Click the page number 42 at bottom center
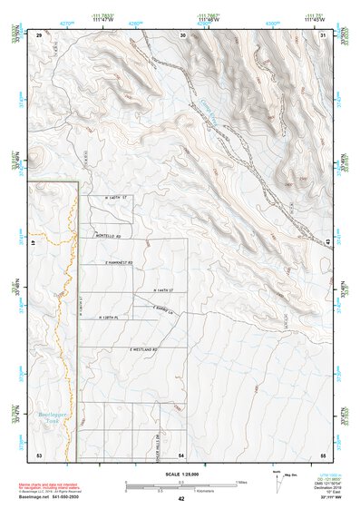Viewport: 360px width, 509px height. (x=181, y=499)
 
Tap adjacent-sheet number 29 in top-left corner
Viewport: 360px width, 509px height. (x=39, y=34)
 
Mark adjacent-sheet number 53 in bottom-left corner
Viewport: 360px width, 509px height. (x=39, y=454)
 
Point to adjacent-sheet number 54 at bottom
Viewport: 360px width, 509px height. (x=181, y=454)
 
